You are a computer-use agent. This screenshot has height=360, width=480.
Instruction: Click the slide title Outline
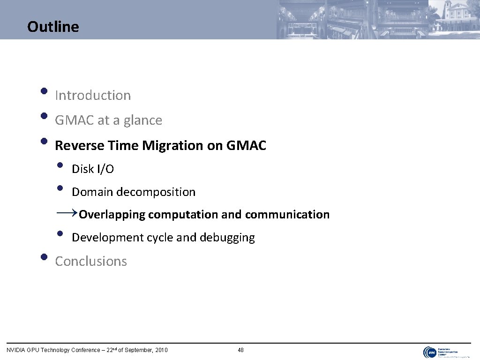point(53,27)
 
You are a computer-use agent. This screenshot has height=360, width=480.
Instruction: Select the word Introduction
point(93,95)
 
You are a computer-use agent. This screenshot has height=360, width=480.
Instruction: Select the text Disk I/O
point(92,169)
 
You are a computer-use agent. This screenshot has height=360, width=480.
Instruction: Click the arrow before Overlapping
point(67,213)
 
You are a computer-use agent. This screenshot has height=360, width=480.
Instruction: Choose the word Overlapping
point(112,215)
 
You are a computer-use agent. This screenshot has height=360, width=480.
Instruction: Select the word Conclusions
point(91,261)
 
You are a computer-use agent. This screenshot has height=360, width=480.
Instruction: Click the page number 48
point(240,350)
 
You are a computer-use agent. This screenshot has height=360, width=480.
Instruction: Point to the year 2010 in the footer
point(161,350)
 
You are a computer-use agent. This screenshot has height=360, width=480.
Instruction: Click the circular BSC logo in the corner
point(430,352)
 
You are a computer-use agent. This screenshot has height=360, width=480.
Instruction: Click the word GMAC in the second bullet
point(75,120)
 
